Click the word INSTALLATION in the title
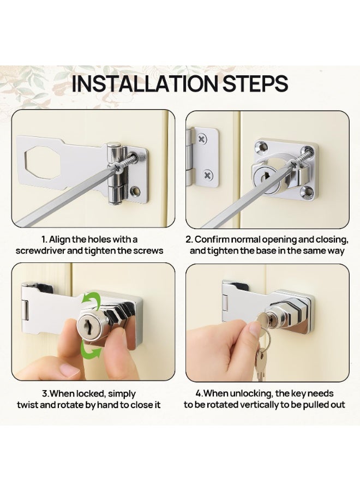point(145,83)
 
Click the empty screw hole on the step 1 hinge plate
point(136,190)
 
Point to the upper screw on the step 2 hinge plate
point(203,139)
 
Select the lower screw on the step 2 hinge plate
point(207,175)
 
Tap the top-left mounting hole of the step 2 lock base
point(261,146)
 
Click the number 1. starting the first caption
point(44,239)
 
